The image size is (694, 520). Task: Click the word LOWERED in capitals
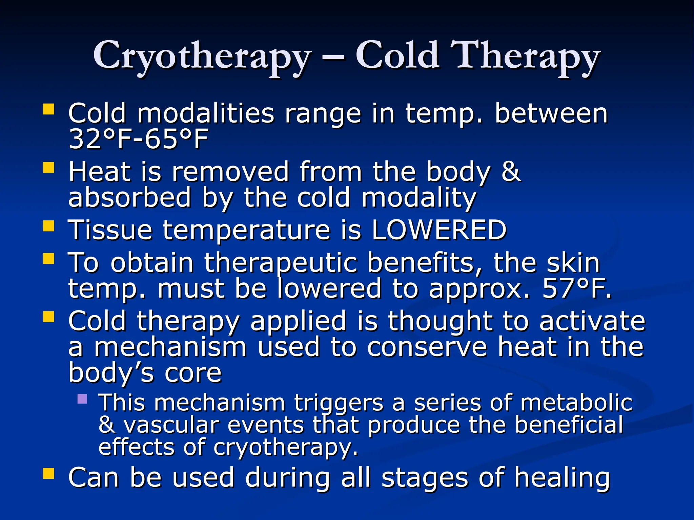(439, 230)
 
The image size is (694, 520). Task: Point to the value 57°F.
(576, 289)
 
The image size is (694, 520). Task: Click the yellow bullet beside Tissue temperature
(49, 226)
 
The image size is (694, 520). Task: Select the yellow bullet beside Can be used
(49, 474)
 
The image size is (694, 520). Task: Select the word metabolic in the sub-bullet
(576, 403)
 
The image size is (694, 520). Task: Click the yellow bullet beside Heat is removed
(49, 168)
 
